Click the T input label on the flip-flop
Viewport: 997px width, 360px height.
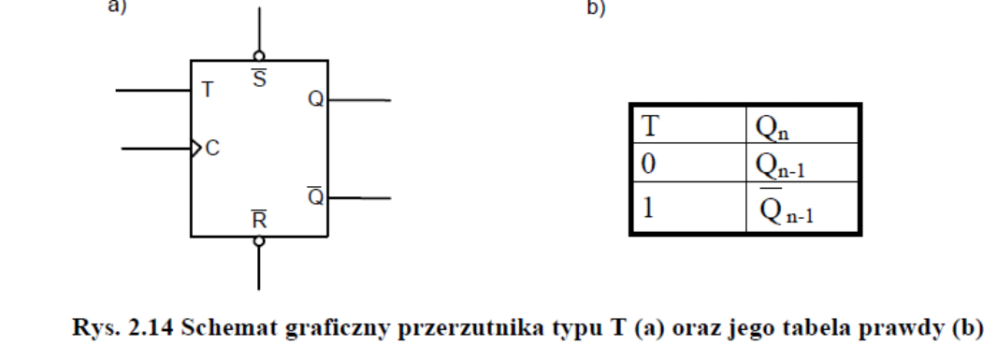point(207,91)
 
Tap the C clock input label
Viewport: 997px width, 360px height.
point(212,149)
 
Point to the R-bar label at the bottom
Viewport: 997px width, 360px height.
point(259,222)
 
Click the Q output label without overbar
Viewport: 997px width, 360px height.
point(314,100)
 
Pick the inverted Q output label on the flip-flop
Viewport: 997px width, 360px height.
point(315,196)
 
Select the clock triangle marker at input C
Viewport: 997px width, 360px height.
point(196,148)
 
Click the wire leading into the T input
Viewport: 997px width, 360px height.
point(152,91)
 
